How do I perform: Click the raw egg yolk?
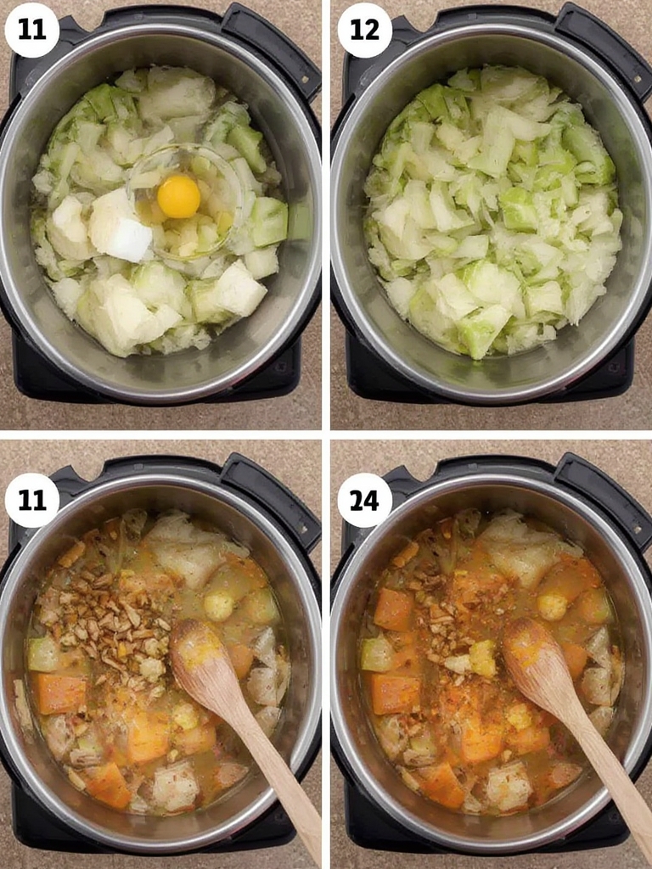[x=178, y=197]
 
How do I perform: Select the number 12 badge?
[x=365, y=30]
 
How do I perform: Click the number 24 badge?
[x=365, y=501]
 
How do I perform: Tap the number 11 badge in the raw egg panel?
[x=32, y=30]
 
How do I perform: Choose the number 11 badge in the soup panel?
[x=32, y=501]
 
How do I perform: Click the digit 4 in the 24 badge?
[x=373, y=501]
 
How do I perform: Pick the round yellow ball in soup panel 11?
[x=218, y=606]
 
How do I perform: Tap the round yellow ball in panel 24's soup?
[x=552, y=607]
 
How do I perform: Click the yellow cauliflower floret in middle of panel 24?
[x=482, y=658]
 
